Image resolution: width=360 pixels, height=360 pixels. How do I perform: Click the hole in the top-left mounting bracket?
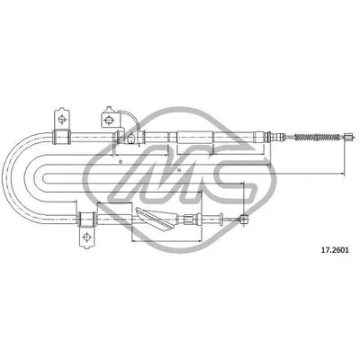click(61, 120)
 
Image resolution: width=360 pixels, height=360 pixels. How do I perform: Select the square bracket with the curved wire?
click(111, 119)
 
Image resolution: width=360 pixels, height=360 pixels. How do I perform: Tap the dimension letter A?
click(181, 169)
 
